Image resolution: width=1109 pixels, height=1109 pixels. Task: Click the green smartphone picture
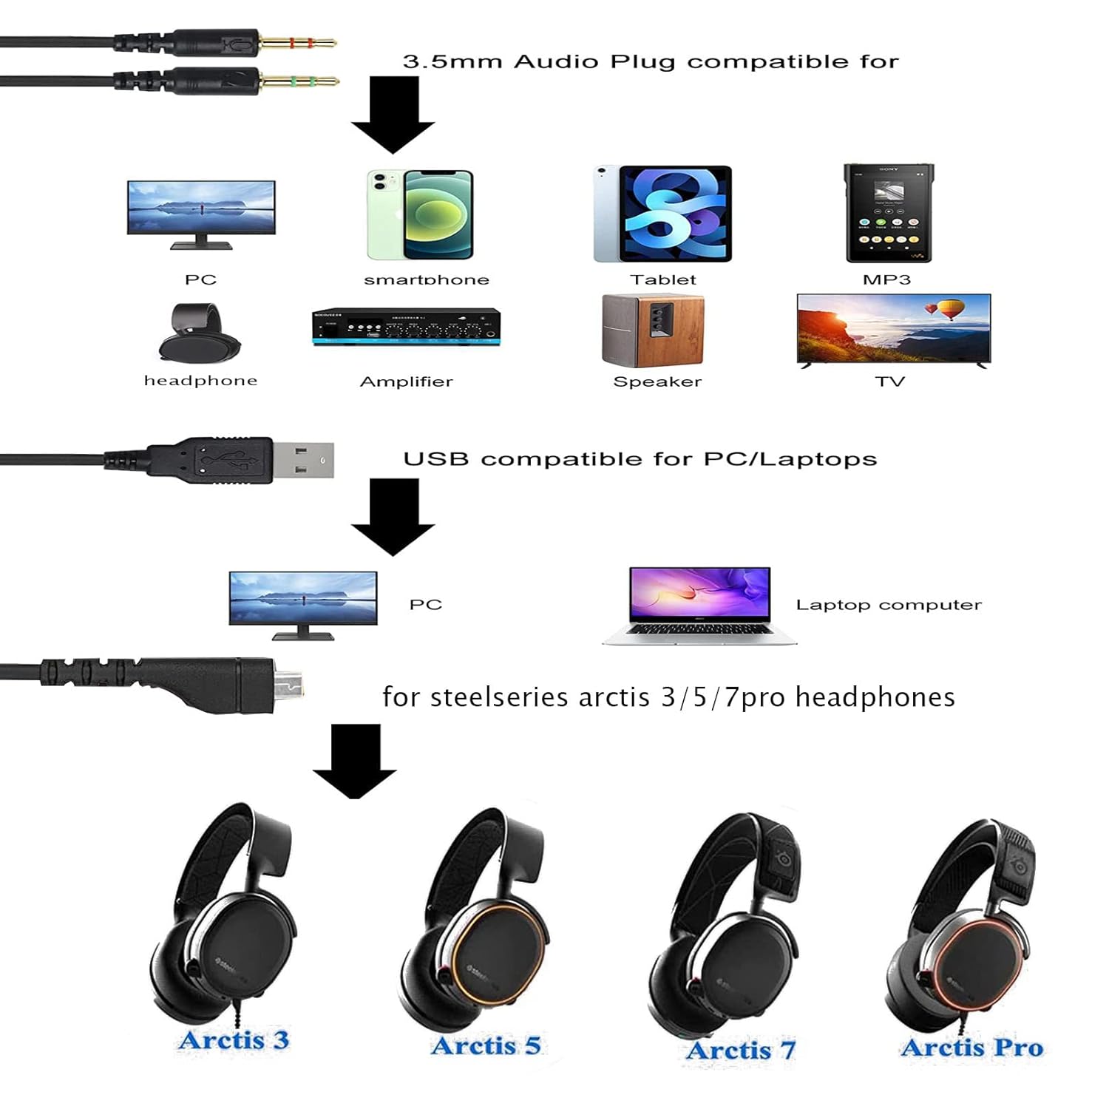coord(420,214)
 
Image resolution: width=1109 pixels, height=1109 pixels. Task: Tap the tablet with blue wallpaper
coord(663,214)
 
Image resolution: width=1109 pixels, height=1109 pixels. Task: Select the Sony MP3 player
coord(889,213)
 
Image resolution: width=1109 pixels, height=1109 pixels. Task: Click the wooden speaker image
coord(653,330)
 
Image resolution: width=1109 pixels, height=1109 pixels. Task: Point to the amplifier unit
coord(406,327)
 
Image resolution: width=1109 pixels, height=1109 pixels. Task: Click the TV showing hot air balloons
coord(893,330)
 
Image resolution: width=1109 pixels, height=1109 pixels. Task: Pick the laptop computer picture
coord(699,606)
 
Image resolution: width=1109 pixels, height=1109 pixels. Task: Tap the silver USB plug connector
coord(303,460)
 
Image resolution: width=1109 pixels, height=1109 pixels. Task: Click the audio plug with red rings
coord(296,42)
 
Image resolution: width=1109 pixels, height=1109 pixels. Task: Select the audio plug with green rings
coord(297,81)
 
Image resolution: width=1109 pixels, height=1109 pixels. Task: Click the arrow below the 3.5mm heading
coord(393,115)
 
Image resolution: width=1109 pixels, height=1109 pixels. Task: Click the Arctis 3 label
coord(234,1040)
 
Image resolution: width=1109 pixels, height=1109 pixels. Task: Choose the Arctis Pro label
coord(971,1047)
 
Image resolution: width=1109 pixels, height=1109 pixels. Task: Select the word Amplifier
coord(406,381)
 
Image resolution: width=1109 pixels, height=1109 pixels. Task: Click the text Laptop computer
coord(889,605)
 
